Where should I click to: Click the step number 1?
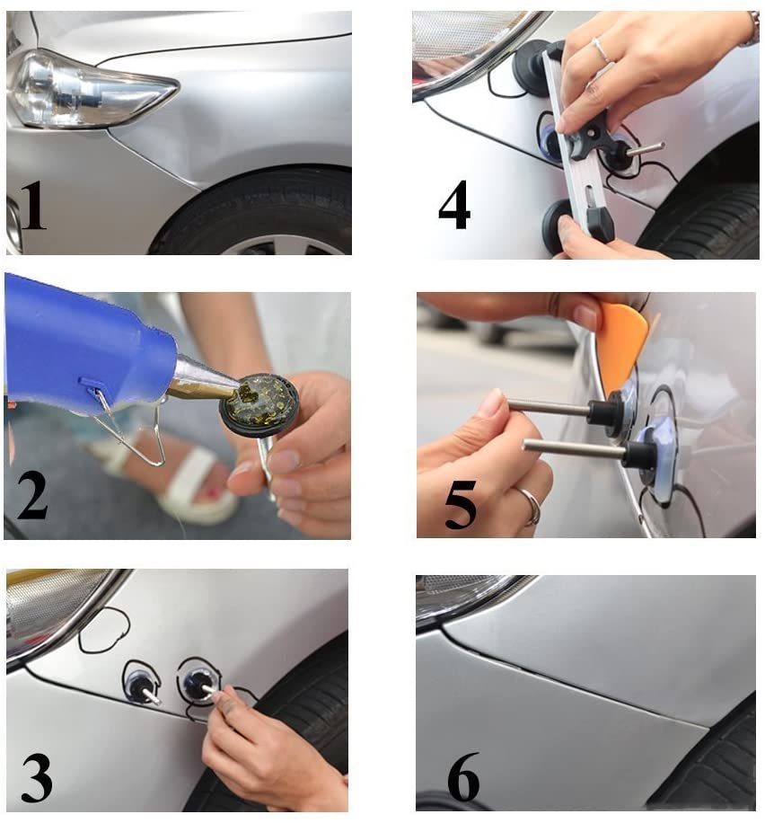click(x=33, y=207)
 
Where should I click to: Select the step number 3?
click(x=36, y=774)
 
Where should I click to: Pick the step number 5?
click(x=461, y=505)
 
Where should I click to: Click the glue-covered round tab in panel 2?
click(x=259, y=403)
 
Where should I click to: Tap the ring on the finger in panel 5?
click(x=532, y=508)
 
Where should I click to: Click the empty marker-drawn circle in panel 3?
click(x=103, y=630)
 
